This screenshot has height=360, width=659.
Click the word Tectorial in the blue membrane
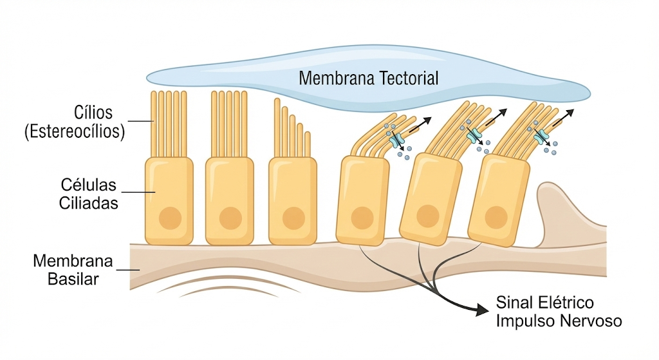tap(409, 78)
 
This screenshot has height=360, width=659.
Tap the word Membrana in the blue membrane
tap(337, 78)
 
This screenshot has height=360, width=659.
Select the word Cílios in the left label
tap(93, 113)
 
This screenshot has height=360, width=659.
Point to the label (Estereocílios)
tap(75, 131)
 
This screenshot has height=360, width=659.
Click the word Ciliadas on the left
tap(88, 203)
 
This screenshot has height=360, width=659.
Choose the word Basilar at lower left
tap(73, 279)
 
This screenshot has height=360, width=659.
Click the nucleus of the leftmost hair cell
tap(170, 218)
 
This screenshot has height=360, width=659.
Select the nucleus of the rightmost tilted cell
tap(496, 218)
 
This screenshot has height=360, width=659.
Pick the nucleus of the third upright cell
tap(293, 218)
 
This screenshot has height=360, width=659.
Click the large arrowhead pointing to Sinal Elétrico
tap(481, 310)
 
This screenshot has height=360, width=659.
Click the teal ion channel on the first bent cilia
tap(396, 140)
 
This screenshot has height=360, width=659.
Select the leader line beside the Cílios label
tap(140, 121)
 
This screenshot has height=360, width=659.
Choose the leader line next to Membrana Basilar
tap(128, 270)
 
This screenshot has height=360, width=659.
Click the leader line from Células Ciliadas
tap(138, 192)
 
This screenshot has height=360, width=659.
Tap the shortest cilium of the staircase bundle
tap(308, 145)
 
